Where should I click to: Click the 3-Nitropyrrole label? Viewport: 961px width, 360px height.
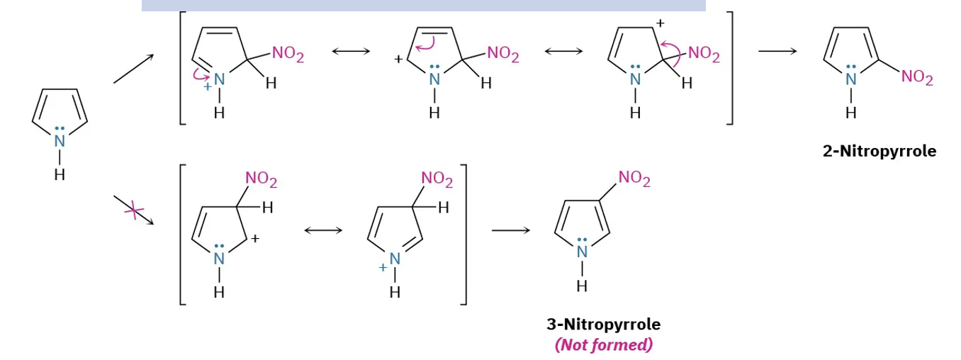603,325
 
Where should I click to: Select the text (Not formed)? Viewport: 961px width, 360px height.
603,345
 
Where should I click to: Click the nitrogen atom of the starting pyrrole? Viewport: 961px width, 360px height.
60,141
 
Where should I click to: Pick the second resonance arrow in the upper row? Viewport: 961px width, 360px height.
563,52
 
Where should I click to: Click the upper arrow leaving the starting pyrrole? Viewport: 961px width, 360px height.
133,69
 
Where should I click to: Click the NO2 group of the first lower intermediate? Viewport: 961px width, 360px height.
262,180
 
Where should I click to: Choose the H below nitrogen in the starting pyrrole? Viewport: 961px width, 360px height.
60,174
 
